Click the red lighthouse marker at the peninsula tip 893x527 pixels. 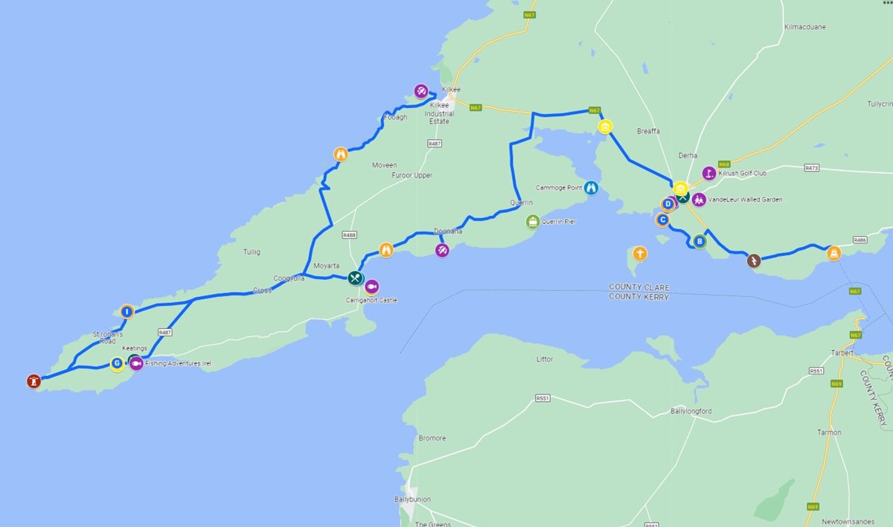32,380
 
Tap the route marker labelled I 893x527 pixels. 127,311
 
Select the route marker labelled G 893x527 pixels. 117,364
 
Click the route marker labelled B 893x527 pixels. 699,240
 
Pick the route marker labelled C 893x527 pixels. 662,220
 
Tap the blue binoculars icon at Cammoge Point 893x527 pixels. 591,188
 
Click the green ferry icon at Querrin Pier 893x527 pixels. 533,221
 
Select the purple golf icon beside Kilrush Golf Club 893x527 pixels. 708,173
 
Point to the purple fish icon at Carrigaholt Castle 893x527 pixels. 371,286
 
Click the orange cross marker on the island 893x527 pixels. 639,254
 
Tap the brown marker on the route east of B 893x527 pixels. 753,261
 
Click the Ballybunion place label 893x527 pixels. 412,499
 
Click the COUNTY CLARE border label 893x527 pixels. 638,287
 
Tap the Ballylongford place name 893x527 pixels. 691,411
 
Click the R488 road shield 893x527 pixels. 350,234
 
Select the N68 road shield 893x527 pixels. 723,164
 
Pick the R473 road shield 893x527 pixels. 811,168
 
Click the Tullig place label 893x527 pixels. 252,252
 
